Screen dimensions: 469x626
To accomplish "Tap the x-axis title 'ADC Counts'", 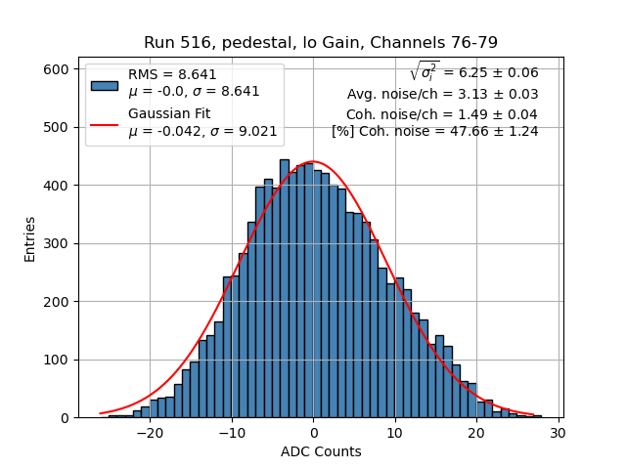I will point(321,451).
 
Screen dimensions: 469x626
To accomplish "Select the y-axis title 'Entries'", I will point(29,238).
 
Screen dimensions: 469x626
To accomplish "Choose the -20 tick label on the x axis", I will point(150,433).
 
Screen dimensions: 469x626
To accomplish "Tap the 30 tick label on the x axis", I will point(559,433).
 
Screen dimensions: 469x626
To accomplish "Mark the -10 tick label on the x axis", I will point(231,433).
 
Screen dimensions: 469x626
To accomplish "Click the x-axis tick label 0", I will point(313,433).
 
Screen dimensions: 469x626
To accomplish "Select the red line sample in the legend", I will point(104,124).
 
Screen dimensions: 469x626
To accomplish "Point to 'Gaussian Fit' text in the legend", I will point(169,113).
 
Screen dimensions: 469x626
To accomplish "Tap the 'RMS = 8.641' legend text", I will point(172,74).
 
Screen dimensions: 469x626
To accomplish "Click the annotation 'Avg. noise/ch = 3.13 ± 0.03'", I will point(442,94).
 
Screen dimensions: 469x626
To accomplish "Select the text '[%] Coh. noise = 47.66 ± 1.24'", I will point(434,131).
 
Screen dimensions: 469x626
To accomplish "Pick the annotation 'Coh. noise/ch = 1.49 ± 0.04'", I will point(442,113).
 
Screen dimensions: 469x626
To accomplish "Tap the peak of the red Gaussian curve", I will point(312,161).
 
